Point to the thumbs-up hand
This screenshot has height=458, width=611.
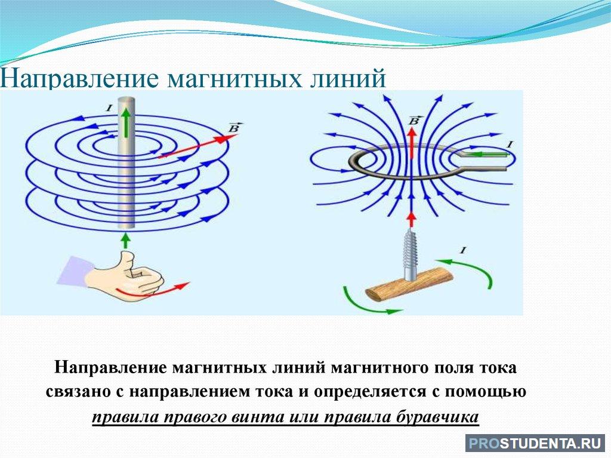point(125,277)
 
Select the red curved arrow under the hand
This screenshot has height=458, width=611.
point(153,291)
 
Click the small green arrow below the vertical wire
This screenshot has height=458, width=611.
point(125,241)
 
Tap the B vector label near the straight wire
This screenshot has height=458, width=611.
point(234,128)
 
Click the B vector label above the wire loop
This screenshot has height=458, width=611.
point(413,120)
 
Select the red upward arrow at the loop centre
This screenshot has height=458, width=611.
point(412,143)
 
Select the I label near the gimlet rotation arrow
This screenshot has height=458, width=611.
point(463,250)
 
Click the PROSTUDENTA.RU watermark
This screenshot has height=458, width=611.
point(535,444)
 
